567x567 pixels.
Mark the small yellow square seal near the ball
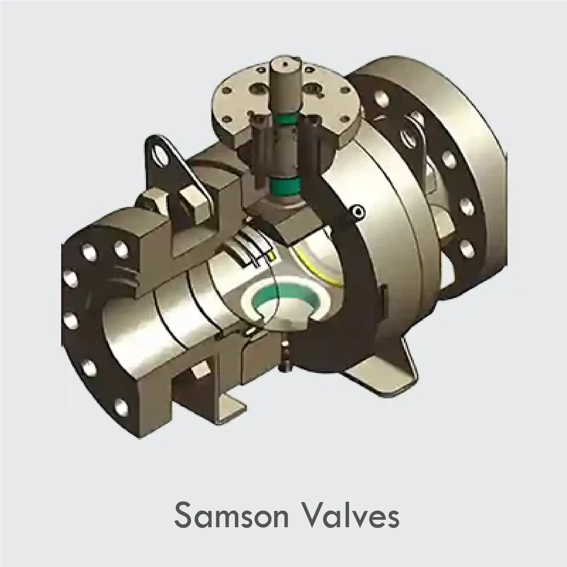tap(271, 256)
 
